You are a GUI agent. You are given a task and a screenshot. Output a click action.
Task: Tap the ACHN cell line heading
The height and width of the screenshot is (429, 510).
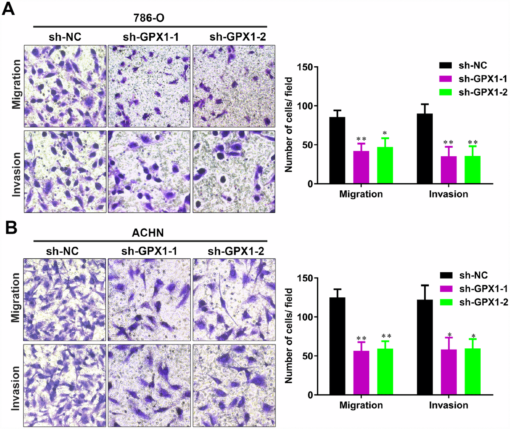[148, 232]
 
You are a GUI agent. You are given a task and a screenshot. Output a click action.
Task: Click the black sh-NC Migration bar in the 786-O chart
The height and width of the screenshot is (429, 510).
[337, 150]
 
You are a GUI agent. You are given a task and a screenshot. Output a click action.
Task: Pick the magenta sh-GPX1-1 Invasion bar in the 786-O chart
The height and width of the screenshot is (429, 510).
[448, 170]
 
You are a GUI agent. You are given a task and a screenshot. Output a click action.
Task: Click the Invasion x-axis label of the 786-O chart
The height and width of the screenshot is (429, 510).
[448, 194]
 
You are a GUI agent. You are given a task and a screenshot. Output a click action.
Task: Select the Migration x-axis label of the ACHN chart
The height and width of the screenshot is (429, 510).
[361, 405]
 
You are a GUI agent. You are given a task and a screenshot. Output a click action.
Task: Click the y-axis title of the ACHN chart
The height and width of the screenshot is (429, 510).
[289, 336]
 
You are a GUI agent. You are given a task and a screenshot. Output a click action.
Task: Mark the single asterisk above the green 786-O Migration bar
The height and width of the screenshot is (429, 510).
[385, 133]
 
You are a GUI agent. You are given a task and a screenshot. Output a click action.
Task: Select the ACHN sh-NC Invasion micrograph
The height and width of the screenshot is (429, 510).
[64, 384]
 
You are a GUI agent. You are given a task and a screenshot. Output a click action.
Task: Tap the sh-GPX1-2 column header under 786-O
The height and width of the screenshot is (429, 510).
[238, 37]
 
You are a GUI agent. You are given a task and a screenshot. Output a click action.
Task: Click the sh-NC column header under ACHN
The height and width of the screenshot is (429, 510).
[62, 251]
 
